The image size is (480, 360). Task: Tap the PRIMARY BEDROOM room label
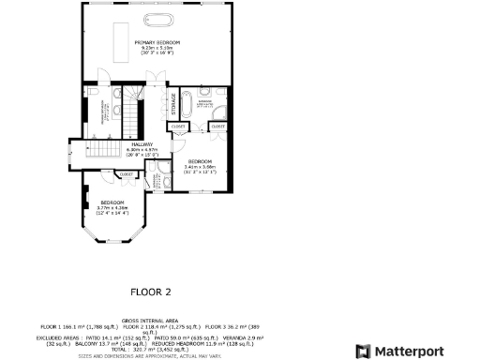(x=157, y=42)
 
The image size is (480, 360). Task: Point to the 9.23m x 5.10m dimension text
(x=157, y=48)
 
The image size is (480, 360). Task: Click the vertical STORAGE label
(x=172, y=100)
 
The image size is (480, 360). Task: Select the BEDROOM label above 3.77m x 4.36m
(x=113, y=202)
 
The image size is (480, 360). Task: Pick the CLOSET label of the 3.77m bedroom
(x=126, y=174)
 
